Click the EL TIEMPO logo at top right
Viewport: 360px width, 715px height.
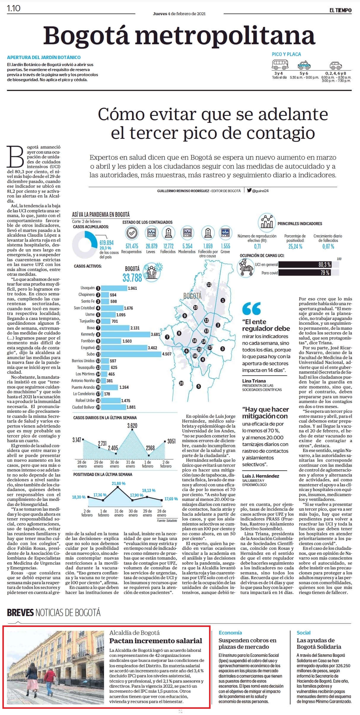pyautogui.click(x=340, y=10)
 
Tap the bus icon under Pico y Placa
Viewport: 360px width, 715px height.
pyautogui.click(x=280, y=64)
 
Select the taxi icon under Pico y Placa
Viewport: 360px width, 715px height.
pyautogui.click(x=304, y=65)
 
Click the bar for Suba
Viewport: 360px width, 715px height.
pyautogui.click(x=131, y=354)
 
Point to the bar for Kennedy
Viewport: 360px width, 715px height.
pyautogui.click(x=126, y=334)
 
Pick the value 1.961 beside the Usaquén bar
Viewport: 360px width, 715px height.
pyautogui.click(x=132, y=288)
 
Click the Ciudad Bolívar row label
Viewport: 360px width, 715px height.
pyautogui.click(x=83, y=407)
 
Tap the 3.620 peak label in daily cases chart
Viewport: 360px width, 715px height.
pyautogui.click(x=132, y=426)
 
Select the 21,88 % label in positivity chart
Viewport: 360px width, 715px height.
pyautogui.click(x=118, y=483)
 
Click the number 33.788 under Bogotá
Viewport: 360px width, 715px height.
pyautogui.click(x=132, y=278)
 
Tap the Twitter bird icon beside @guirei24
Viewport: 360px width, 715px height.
pyautogui.click(x=249, y=190)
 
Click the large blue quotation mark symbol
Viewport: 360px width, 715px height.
pyautogui.click(x=251, y=308)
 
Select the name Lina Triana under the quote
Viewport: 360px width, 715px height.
pyautogui.click(x=254, y=381)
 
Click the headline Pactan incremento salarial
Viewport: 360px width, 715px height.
pyautogui.click(x=156, y=641)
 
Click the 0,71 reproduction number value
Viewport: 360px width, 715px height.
pyautogui.click(x=257, y=246)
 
